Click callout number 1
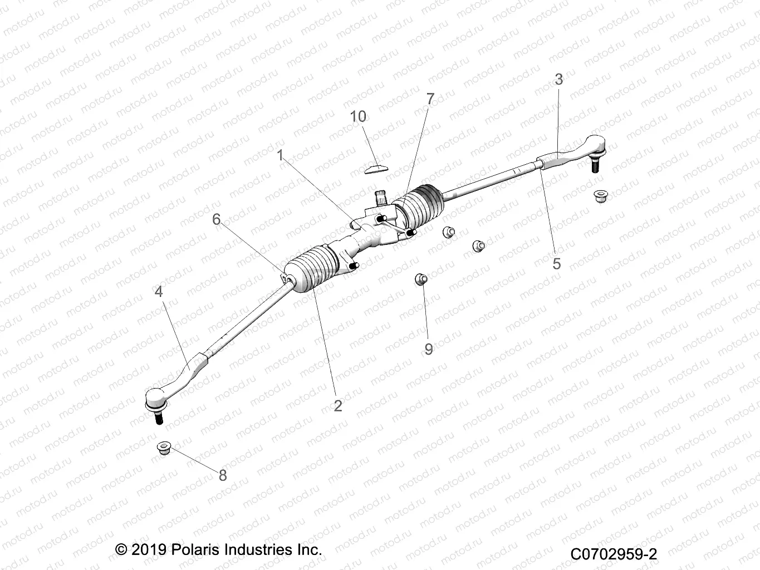pos(281,155)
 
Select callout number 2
pos(337,406)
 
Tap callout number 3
pos(558,79)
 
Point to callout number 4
pos(159,291)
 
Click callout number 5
pos(556,263)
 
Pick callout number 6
pos(217,219)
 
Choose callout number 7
pos(430,99)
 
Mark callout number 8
pos(223,475)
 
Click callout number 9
pos(428,349)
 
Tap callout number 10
pos(358,116)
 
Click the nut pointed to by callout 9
pos(421,278)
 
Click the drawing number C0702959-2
pos(614,554)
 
